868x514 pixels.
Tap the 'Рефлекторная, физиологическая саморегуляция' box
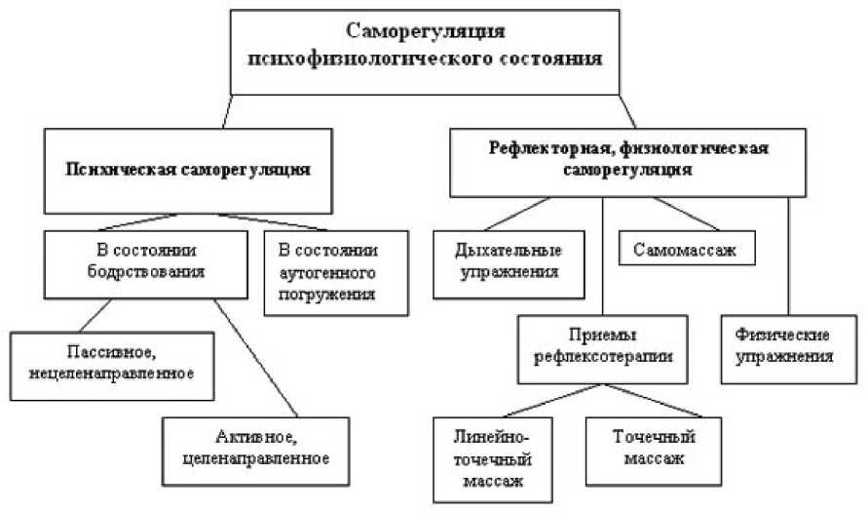pos(629,158)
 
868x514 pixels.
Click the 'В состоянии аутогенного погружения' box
pos(334,271)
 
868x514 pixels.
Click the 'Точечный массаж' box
pos(647,448)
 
